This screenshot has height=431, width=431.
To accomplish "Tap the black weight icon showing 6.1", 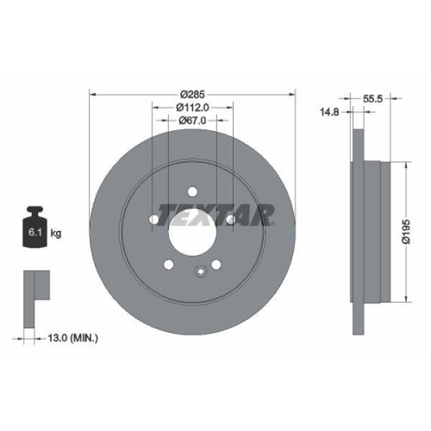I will coord(34,227).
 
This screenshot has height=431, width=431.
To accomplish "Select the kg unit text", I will coord(56,233).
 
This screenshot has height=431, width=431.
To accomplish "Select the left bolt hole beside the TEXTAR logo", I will coord(154,221).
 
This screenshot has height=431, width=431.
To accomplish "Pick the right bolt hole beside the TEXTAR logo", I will coord(231,221).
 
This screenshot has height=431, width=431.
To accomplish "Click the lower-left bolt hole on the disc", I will coord(170,265).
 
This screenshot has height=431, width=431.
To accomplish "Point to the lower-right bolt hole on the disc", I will coord(216,265).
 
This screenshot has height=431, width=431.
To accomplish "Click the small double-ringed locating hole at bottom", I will coord(200,274).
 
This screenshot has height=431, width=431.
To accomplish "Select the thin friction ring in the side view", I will coord(356,230).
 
